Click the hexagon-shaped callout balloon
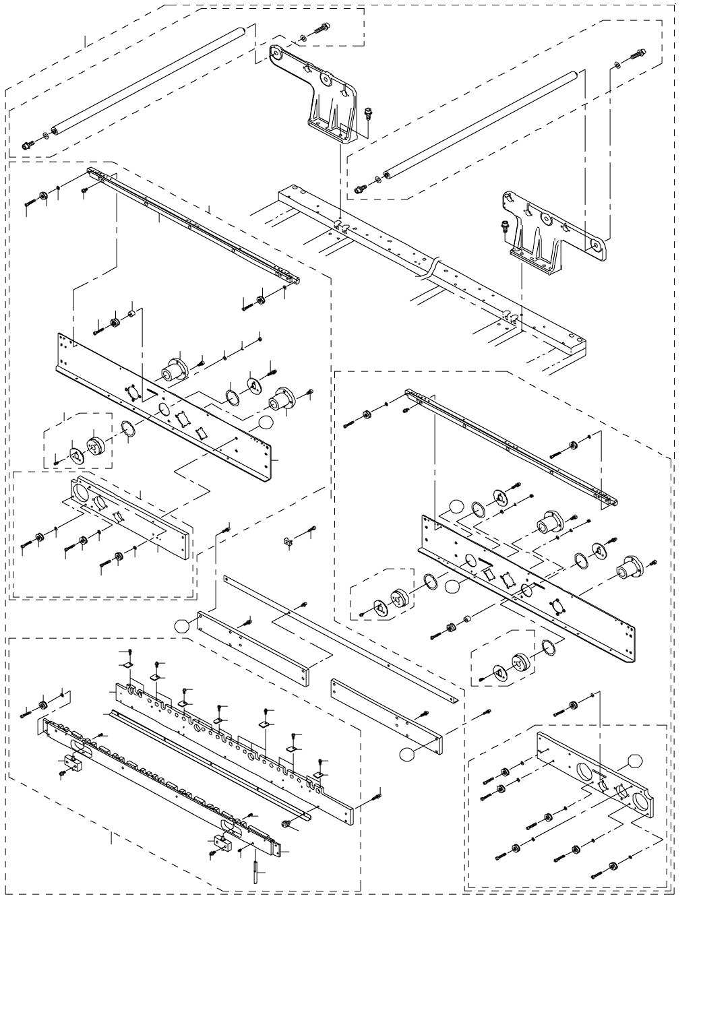point(635,762)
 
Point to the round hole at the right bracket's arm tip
point(595,247)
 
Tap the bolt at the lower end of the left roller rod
point(27,145)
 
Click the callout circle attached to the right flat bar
point(406,755)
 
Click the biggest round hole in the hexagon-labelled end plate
point(641,800)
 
